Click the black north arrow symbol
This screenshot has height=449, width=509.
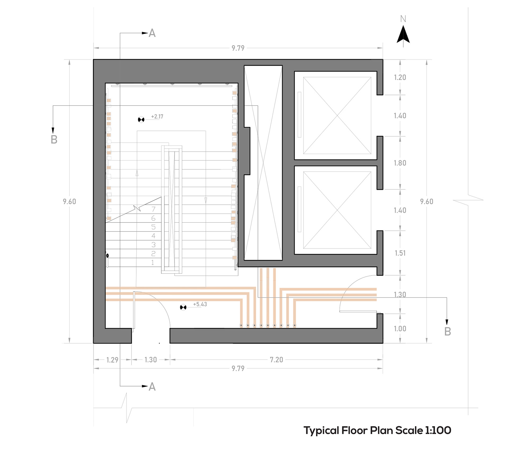pyautogui.click(x=403, y=34)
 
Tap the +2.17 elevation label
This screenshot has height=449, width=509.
pyautogui.click(x=157, y=116)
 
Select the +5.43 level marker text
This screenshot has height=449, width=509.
pyautogui.click(x=200, y=304)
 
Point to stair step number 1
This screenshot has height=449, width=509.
pyautogui.click(x=152, y=263)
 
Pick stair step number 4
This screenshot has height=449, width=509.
pyautogui.click(x=153, y=236)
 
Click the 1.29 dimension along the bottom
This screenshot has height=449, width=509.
pyautogui.click(x=112, y=360)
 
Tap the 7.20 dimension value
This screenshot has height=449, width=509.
pyautogui.click(x=276, y=360)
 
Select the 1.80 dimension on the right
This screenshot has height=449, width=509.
pyautogui.click(x=400, y=163)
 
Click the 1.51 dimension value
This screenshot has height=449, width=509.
pyautogui.click(x=400, y=253)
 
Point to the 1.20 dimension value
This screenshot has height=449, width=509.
pyautogui.click(x=400, y=77)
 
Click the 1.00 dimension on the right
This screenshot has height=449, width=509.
pyautogui.click(x=400, y=329)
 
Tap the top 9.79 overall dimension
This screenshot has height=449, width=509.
pyautogui.click(x=238, y=48)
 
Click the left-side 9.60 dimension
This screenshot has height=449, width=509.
pyautogui.click(x=69, y=202)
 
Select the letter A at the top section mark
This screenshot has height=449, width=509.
pyautogui.click(x=152, y=33)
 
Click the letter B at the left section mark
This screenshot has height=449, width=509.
pyautogui.click(x=54, y=140)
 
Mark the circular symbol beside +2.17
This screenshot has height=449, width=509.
pyautogui.click(x=141, y=120)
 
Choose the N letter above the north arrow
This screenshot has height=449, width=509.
pyautogui.click(x=403, y=19)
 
